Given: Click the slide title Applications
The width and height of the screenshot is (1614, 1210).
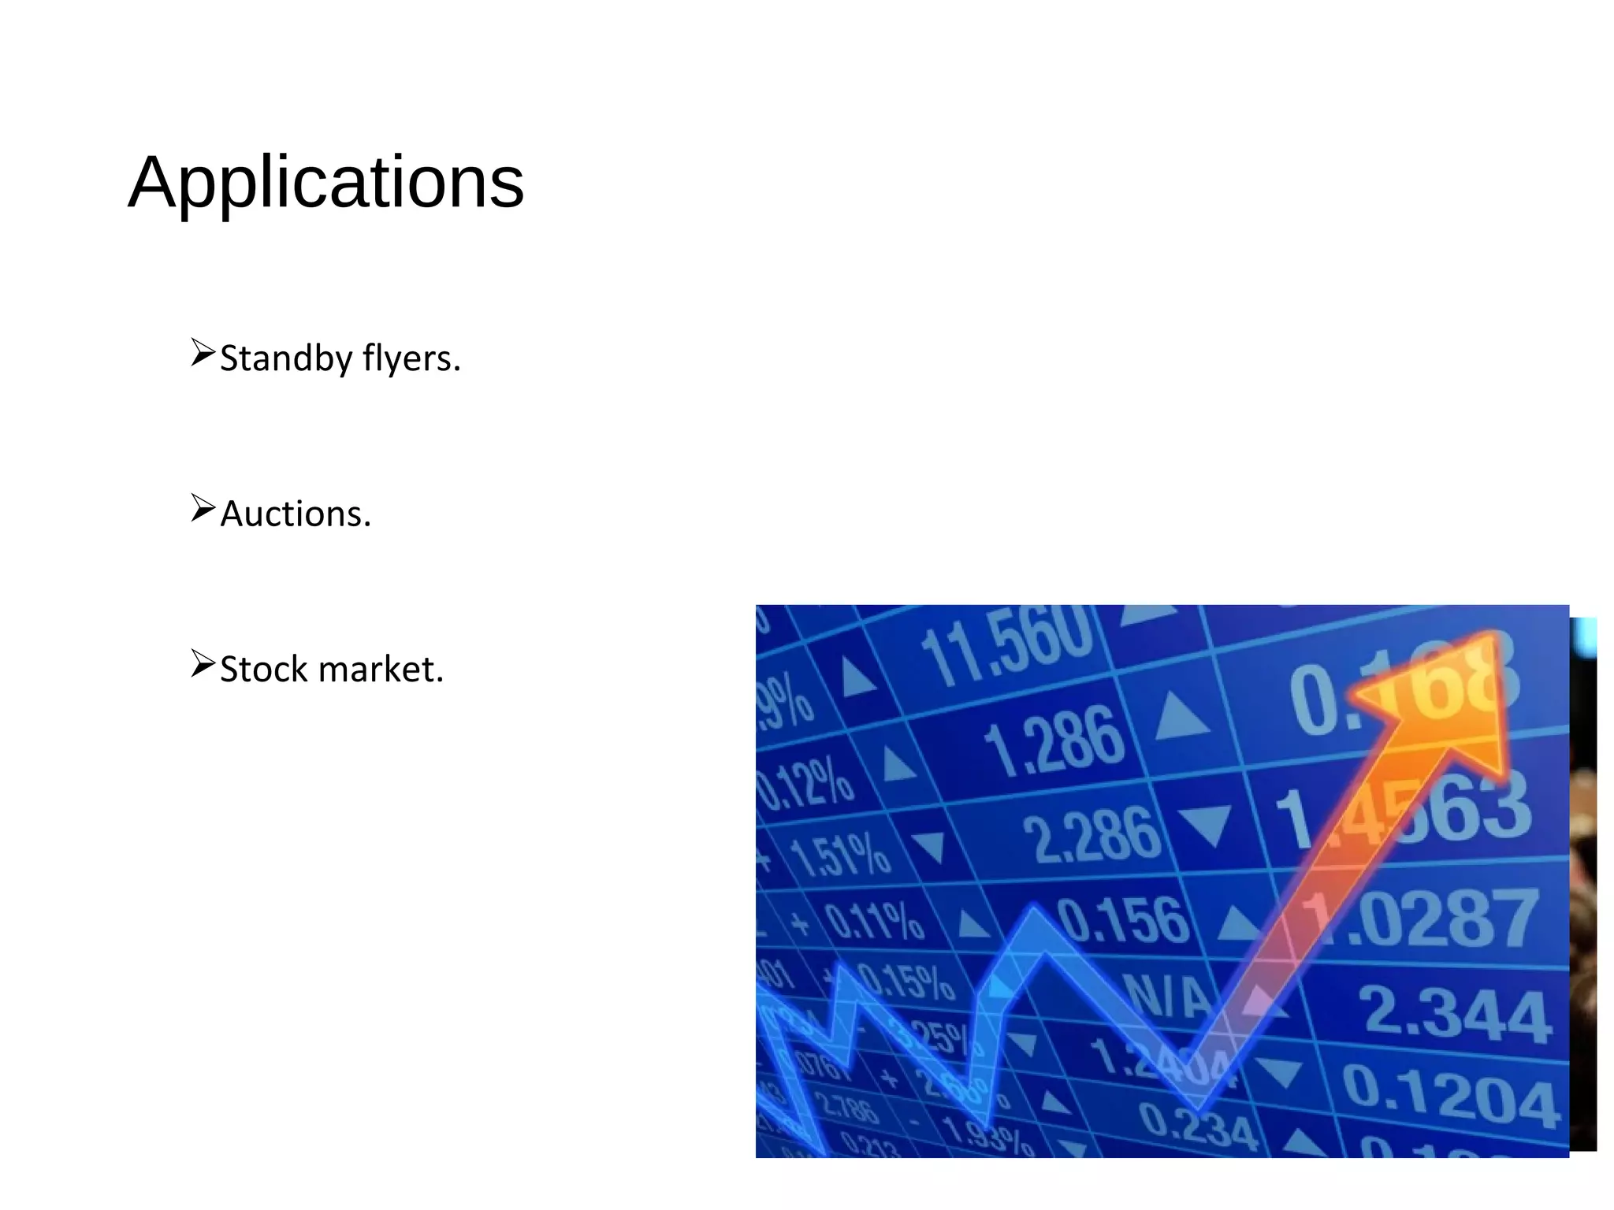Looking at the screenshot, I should point(325,182).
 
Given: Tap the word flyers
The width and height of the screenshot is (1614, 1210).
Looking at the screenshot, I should point(411,358).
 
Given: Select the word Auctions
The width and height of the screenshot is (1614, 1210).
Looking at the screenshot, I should point(295,514).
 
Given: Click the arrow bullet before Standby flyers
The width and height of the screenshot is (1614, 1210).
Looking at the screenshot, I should point(203,353).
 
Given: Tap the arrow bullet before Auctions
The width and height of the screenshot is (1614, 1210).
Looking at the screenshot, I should point(203,508).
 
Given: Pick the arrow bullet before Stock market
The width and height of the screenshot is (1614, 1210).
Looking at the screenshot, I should point(203,663).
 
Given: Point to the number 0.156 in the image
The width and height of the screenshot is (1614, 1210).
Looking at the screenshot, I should point(1123,920).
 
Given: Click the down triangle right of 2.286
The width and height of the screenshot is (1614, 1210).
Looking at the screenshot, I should point(1206,823).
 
